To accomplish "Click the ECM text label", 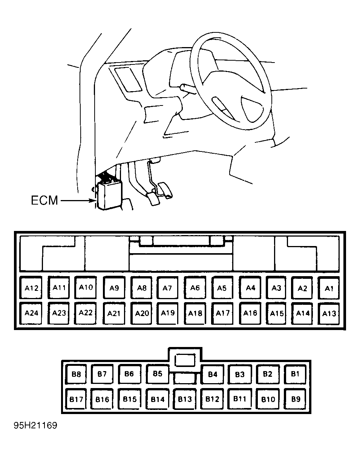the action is pos(44,200).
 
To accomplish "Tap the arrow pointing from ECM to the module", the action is pos(78,200).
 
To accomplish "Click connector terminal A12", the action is pos(31,287).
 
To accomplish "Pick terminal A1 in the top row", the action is pos(329,288).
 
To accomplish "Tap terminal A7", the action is pos(167,288).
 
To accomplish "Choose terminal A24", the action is pos(31,313).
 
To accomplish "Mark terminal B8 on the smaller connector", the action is pos(76,374).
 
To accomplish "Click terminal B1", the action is pos(296,374).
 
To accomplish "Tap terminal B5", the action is pos(158,374).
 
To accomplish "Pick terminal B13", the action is pos(185,399).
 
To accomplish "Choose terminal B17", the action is pos(76,399).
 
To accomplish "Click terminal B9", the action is pos(296,399).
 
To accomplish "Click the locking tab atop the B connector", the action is pos(185,359).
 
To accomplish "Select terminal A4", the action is pos(250,288).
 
